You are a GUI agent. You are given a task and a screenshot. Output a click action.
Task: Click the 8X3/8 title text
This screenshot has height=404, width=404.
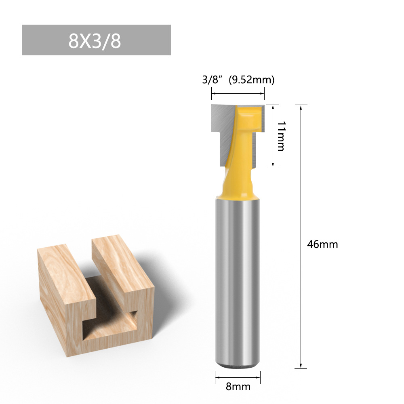95,41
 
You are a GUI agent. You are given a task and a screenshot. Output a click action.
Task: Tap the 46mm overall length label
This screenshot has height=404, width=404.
322,244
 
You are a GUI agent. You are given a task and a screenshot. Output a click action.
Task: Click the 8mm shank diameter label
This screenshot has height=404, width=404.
238,387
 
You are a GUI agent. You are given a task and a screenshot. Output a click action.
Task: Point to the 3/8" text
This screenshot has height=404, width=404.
213,80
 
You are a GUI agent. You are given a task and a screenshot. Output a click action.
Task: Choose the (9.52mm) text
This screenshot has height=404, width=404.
251,80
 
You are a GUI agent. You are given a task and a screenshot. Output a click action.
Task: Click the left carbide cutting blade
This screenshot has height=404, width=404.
221,129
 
